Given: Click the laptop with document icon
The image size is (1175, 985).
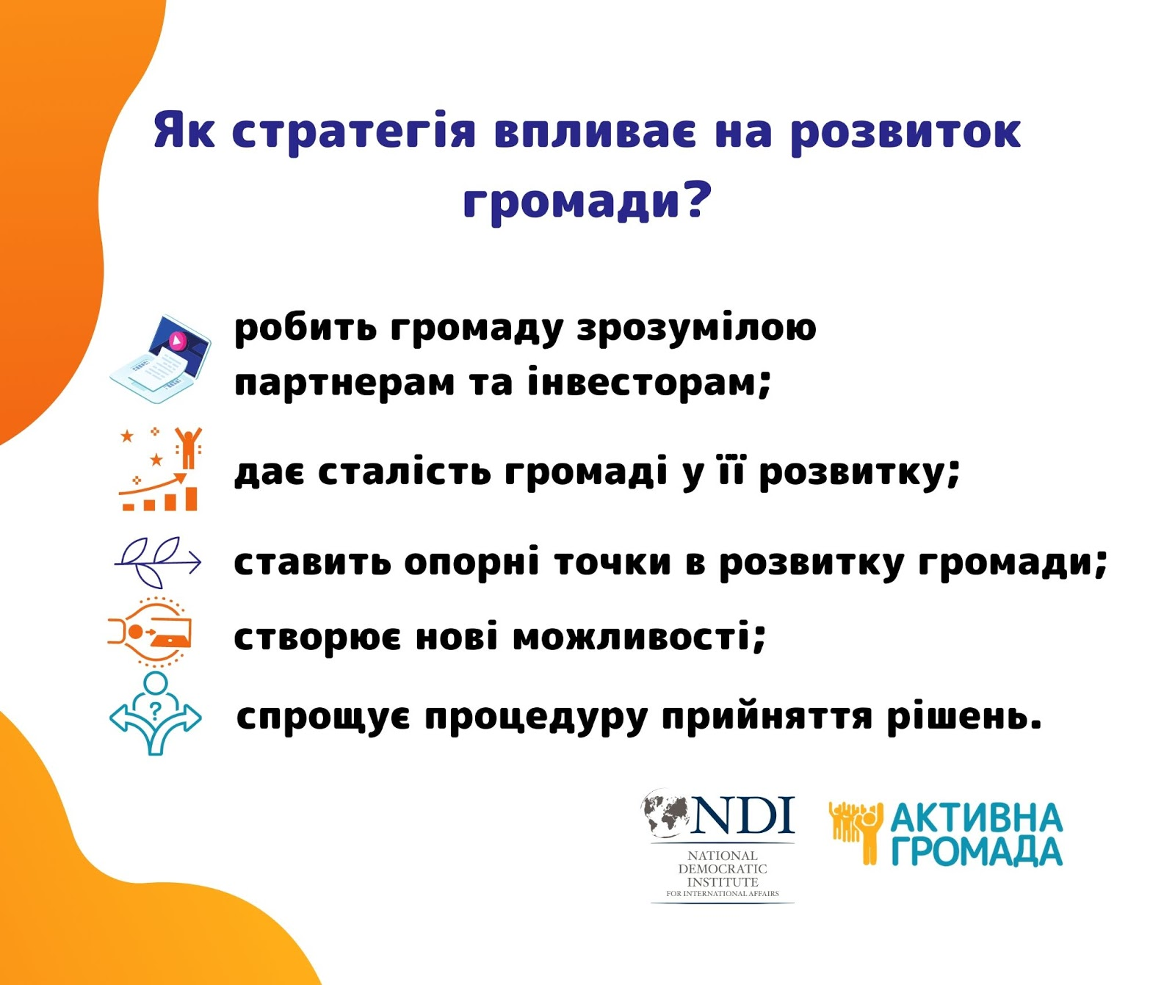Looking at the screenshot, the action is tap(160, 359).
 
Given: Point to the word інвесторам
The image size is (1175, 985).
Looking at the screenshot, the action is tap(649, 382).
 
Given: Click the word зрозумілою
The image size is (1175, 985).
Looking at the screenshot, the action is tap(696, 328).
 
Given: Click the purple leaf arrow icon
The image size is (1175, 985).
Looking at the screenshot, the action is tap(158, 562).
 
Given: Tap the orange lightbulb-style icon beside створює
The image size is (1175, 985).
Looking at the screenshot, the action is tap(150, 632).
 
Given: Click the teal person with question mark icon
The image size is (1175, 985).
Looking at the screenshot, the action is tap(155, 713).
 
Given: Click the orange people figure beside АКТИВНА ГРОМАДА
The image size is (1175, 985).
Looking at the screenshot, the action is tap(856, 832).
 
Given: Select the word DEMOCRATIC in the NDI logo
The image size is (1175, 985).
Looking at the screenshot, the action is tap(723, 869).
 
